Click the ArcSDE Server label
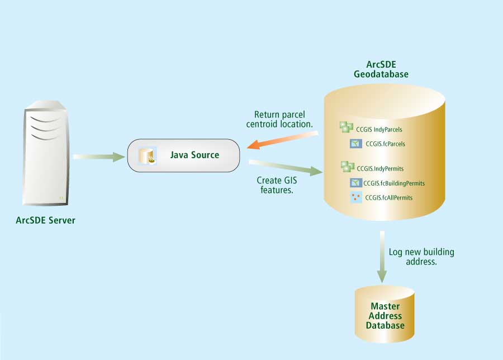45,220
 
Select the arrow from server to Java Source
98,157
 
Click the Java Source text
194,155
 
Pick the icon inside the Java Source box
148,156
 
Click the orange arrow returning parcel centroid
282,140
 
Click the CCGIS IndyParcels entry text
379,129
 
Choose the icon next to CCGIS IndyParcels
347,128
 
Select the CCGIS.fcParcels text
385,144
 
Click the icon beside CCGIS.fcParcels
355,144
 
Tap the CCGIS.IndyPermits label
380,168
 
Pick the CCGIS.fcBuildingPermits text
394,183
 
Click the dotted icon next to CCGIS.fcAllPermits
355,197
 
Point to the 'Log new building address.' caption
421,257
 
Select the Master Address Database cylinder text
385,315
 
